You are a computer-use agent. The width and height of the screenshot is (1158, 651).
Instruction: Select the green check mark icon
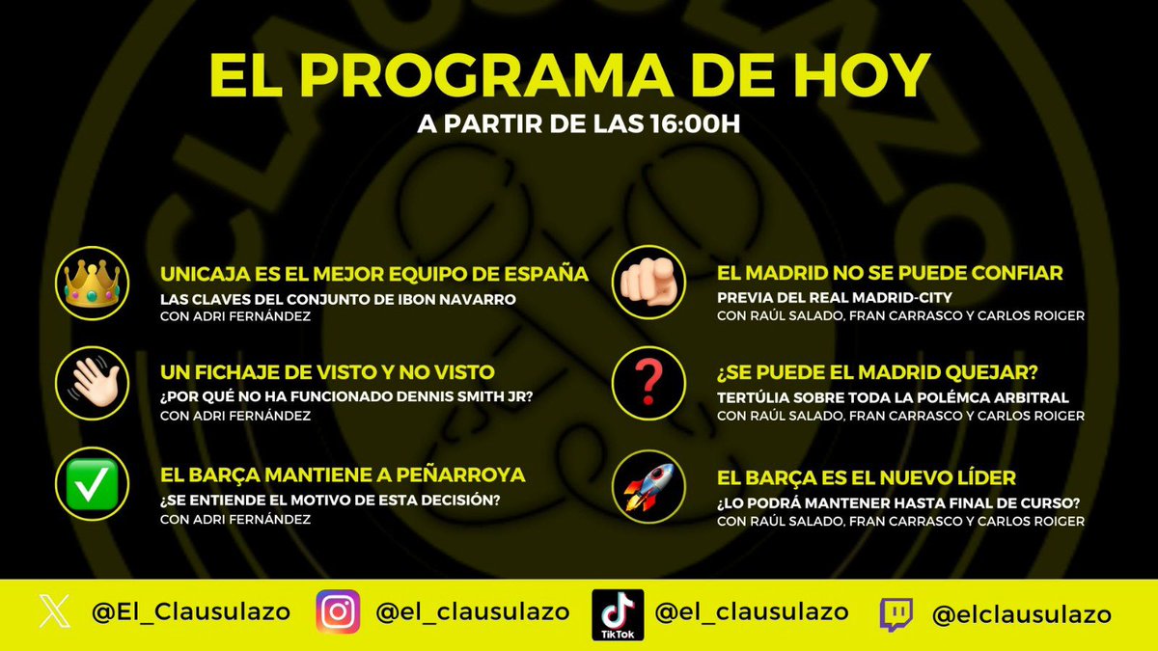click(92, 485)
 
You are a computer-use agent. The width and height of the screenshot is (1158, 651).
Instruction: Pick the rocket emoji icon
click(648, 487)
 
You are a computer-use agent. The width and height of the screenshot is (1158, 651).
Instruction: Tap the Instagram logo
click(338, 612)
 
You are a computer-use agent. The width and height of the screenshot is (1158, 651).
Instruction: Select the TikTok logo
click(618, 614)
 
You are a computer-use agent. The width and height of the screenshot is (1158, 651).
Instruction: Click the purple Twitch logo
click(895, 614)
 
